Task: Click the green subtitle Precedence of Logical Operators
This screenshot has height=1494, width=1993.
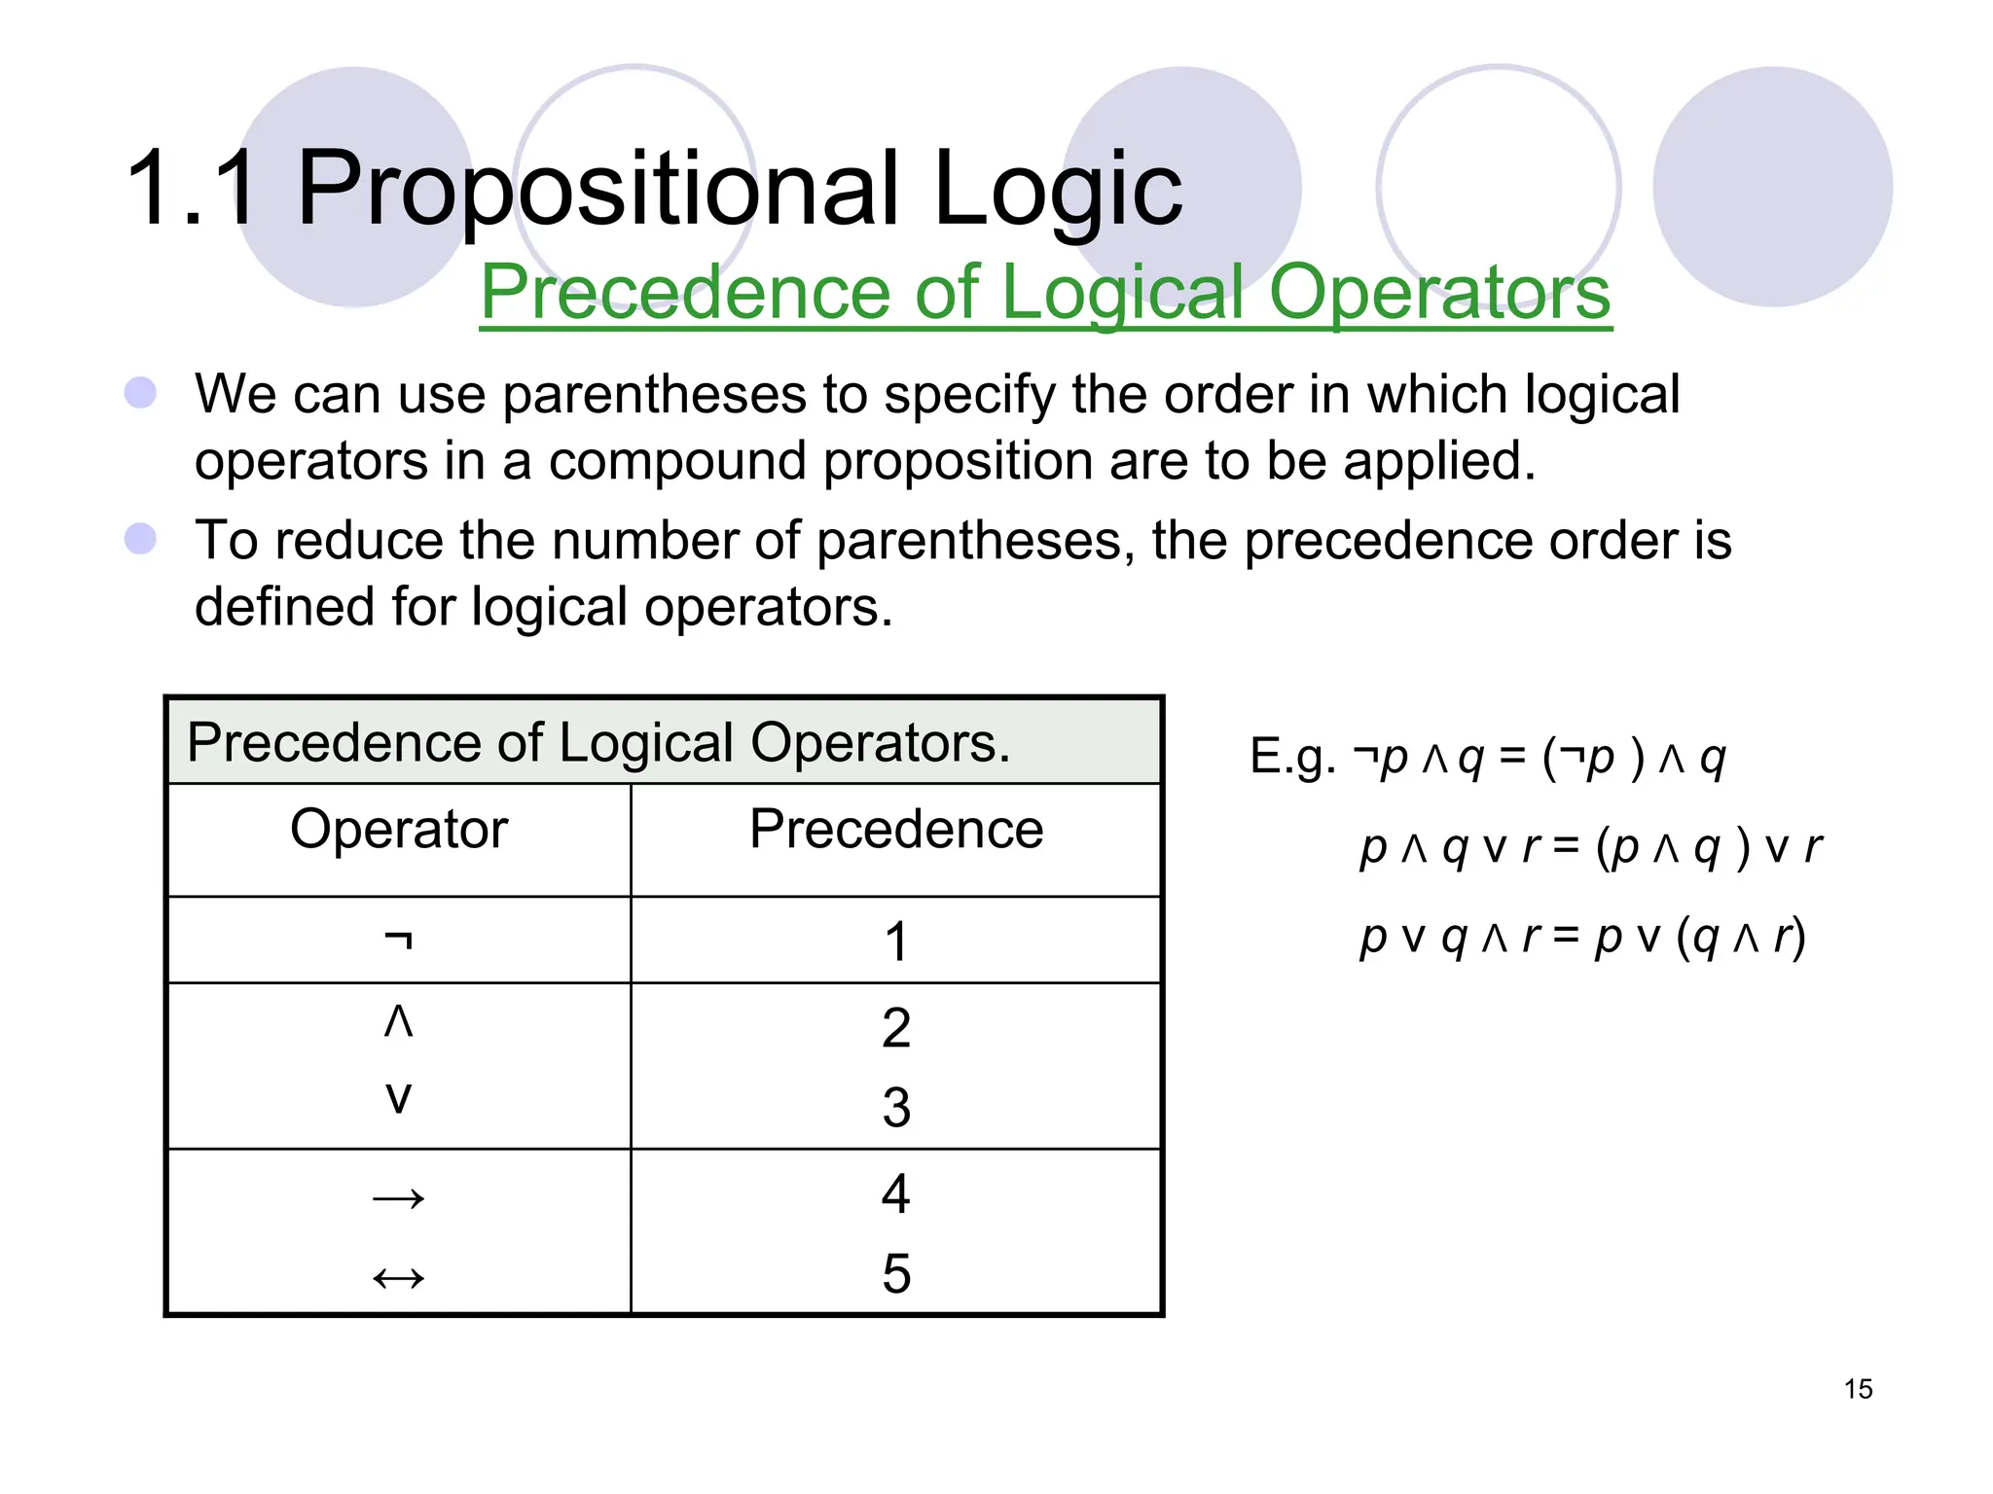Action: pyautogui.click(x=1045, y=292)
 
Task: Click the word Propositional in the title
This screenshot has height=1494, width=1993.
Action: pyautogui.click(x=598, y=188)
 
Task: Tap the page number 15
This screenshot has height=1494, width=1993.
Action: pyautogui.click(x=1857, y=1388)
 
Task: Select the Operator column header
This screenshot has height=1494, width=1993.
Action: pyautogui.click(x=399, y=830)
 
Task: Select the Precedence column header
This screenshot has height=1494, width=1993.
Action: pyautogui.click(x=895, y=830)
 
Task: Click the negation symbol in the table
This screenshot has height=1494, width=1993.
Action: pyautogui.click(x=399, y=940)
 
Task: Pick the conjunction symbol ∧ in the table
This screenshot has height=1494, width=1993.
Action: pyautogui.click(x=399, y=1021)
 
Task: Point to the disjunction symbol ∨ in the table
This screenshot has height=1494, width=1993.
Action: pyautogui.click(x=399, y=1098)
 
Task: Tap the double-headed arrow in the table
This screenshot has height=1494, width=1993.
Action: pyautogui.click(x=399, y=1277)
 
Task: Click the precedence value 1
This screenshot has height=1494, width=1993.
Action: pyautogui.click(x=896, y=942)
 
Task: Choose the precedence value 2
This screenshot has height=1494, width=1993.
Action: pyautogui.click(x=896, y=1028)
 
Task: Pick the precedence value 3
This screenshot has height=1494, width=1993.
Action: pyautogui.click(x=896, y=1108)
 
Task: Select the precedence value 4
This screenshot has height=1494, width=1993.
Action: pyautogui.click(x=896, y=1193)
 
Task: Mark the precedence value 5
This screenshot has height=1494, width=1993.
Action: pyautogui.click(x=896, y=1274)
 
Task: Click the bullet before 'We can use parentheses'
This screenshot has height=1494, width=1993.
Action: pyautogui.click(x=141, y=393)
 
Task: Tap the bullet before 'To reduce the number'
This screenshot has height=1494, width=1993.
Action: pyautogui.click(x=141, y=539)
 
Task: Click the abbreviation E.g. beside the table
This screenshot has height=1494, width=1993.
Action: pyautogui.click(x=1291, y=757)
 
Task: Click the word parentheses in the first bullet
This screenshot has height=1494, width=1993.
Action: pyautogui.click(x=654, y=396)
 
